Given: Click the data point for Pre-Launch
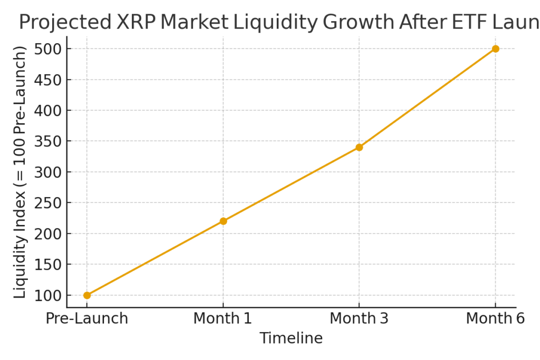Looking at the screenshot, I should tap(87, 295).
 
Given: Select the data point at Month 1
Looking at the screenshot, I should tap(223, 221).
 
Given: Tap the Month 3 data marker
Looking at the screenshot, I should tap(359, 147).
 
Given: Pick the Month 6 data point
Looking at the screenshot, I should tap(495, 49).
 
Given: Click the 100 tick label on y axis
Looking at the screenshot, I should tap(48, 296).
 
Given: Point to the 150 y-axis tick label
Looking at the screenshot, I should tap(48, 265).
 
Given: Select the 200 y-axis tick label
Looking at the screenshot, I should tap(48, 234).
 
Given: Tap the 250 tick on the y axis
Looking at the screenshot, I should tap(48, 203).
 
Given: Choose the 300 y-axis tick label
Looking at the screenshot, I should tap(48, 172).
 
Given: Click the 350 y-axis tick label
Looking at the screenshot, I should tap(48, 141).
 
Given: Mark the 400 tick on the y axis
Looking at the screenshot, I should tap(48, 111).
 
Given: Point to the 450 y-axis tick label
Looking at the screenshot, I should tap(48, 80).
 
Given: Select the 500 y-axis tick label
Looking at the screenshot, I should tap(48, 49).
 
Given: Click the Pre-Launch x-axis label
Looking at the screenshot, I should tap(87, 319).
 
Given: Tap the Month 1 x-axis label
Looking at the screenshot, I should tap(223, 319).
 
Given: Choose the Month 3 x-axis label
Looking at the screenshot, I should tap(359, 319).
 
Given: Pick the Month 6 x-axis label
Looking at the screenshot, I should tap(495, 319).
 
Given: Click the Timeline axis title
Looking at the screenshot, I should tap(291, 338).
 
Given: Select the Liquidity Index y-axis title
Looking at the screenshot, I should tap(20, 172).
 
